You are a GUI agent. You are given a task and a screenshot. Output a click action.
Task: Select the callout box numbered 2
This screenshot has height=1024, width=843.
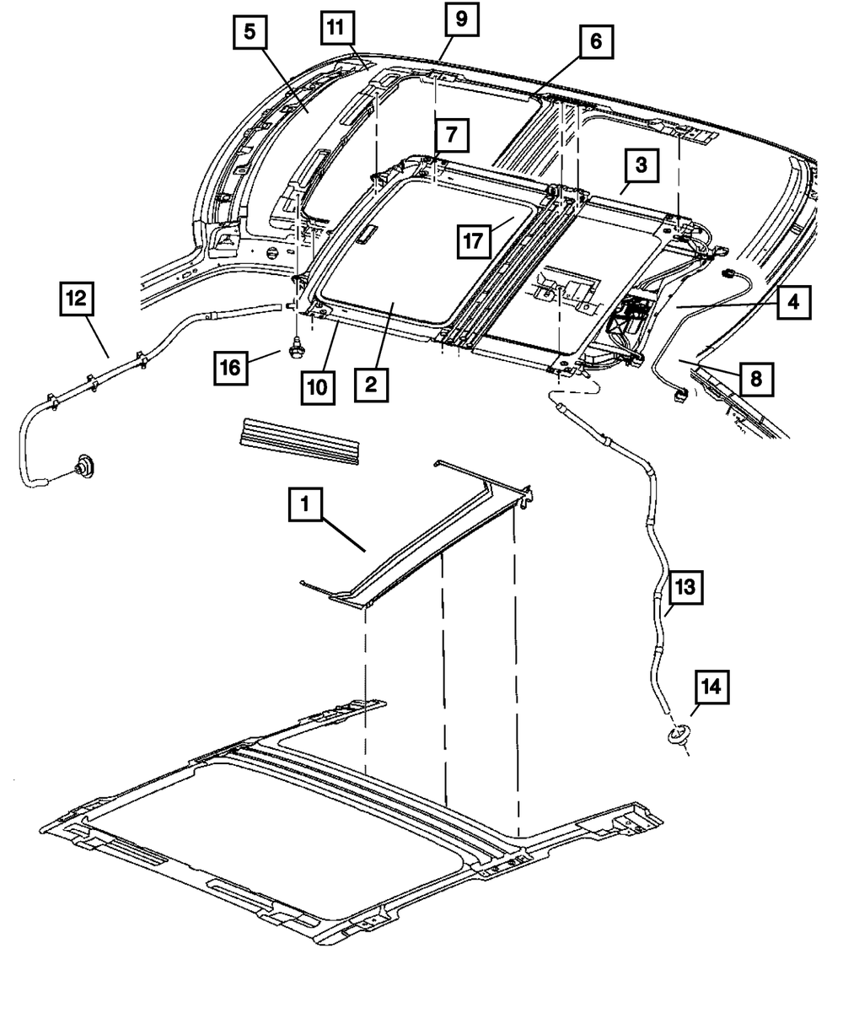372,385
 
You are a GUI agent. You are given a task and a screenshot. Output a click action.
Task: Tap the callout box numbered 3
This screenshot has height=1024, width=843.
641,166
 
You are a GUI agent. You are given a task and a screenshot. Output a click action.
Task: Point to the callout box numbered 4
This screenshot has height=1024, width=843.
794,299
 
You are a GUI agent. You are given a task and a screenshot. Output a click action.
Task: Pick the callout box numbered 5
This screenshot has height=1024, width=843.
250,35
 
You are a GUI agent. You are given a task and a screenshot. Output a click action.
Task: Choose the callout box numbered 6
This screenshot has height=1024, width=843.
596,41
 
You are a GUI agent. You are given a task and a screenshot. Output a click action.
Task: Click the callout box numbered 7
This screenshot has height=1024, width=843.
451,134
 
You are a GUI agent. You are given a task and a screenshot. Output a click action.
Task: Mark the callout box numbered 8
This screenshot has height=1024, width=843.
754,379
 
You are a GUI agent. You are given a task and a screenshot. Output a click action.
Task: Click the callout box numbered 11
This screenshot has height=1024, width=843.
337,30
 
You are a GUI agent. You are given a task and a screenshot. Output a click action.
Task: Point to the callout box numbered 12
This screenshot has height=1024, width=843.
77,299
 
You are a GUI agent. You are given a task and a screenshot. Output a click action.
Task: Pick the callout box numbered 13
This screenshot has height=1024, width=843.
684,588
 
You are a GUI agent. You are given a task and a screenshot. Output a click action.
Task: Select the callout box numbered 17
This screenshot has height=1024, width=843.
475,241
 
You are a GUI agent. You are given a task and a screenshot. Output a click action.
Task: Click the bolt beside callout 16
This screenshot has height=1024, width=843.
295,347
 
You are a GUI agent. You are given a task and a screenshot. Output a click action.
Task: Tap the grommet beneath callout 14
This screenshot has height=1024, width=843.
676,736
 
